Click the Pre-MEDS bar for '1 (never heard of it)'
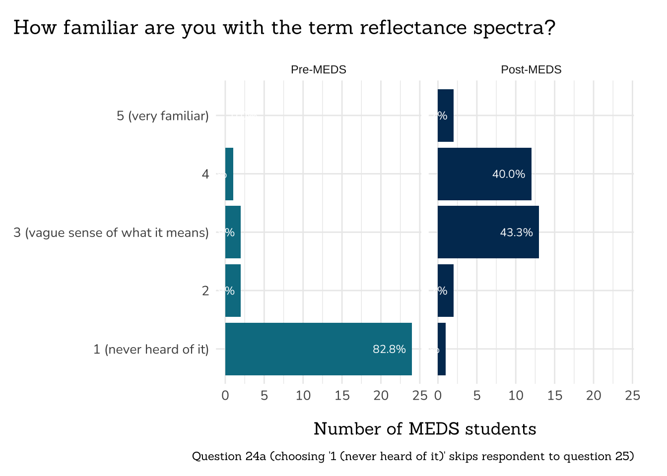318,349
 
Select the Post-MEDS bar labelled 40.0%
484,174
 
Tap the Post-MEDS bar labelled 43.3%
488,232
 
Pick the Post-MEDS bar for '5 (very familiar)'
446,116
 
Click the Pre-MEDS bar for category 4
229,174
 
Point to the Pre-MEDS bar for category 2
233,291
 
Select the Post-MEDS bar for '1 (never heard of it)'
442,349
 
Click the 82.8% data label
389,350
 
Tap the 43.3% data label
516,233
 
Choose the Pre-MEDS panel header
318,70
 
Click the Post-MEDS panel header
531,70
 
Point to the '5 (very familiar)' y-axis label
163,116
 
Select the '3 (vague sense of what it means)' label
111,233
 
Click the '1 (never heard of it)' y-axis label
151,350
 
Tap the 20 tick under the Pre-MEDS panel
381,396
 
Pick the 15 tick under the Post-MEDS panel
555,396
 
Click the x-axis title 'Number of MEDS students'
425,429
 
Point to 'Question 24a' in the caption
228,456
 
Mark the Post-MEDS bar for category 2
446,291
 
